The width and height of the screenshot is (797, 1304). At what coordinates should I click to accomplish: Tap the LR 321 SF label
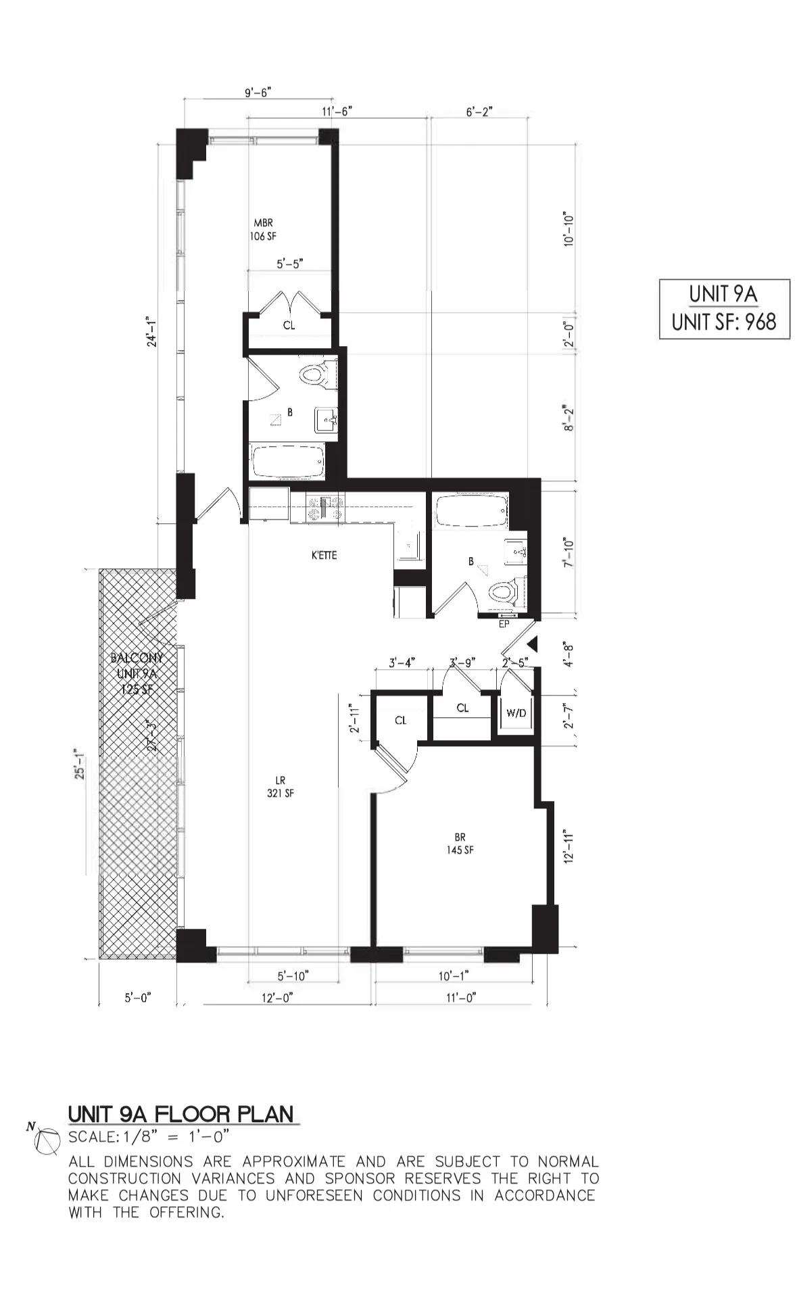tap(280, 787)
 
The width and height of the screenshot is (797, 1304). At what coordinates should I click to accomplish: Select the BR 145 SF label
tap(460, 844)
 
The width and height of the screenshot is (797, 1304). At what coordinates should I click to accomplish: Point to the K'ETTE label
tap(324, 556)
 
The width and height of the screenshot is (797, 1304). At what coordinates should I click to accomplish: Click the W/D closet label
tap(516, 713)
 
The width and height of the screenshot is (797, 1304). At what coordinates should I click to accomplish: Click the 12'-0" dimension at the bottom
tap(278, 998)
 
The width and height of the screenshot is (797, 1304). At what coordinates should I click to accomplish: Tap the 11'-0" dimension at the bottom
tap(461, 998)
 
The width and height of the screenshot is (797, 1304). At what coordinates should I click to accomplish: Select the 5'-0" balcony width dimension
tap(138, 998)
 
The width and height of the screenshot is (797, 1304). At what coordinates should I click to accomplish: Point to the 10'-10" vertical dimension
tap(569, 228)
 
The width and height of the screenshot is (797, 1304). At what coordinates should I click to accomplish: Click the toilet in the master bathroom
tap(316, 374)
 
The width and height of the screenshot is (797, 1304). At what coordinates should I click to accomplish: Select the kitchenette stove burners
tap(325, 508)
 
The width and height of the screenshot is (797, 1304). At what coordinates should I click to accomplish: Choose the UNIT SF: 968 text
tap(724, 322)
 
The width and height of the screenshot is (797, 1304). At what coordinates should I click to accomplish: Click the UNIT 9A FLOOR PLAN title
tap(181, 1114)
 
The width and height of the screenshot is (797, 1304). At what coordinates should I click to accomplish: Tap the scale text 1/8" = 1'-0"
tap(149, 1136)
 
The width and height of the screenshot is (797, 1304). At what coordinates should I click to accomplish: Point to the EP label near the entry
tap(504, 624)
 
